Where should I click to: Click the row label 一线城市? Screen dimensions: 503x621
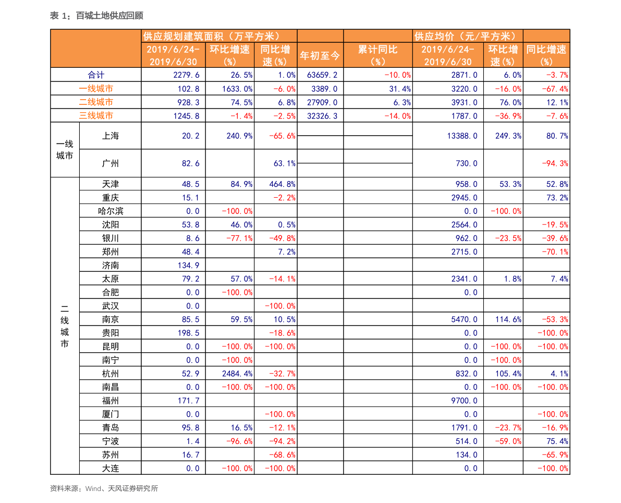click(96, 89)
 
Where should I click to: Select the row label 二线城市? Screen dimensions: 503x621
click(96, 102)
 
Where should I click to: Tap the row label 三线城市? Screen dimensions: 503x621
click(96, 116)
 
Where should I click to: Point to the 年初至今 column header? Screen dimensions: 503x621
click(320, 55)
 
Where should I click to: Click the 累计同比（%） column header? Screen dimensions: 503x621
click(378, 55)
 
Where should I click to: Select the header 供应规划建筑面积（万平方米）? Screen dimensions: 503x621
click(212, 36)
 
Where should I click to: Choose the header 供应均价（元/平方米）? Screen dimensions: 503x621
click(467, 36)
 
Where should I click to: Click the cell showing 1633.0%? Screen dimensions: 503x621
click(238, 89)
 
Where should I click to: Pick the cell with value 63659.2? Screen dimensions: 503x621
click(322, 75)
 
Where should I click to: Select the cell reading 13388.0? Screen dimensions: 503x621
click(462, 136)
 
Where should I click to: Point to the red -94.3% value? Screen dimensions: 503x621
click(555, 163)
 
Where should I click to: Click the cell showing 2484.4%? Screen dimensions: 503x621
click(238, 374)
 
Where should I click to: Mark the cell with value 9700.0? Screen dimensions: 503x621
click(464, 401)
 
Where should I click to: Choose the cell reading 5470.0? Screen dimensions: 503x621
click(464, 319)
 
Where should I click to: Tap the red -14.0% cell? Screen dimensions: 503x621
click(397, 116)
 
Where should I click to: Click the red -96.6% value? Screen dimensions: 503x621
click(239, 441)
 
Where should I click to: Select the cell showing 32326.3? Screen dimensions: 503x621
click(322, 116)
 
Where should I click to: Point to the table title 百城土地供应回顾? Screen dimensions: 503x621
click(109, 16)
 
